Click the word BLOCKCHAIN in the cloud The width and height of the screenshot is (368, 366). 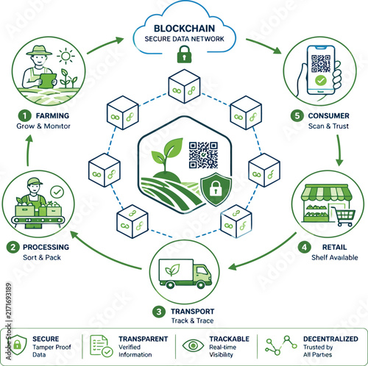click(x=184, y=29)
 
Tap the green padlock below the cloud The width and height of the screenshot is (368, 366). click(x=184, y=54)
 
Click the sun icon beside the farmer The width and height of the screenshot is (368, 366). click(x=66, y=56)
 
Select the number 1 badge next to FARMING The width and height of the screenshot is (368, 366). click(x=24, y=115)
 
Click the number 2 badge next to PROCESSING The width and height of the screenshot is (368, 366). click(x=13, y=247)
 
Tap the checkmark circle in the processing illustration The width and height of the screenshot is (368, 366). click(x=57, y=193)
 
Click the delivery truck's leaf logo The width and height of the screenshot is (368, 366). click(x=172, y=270)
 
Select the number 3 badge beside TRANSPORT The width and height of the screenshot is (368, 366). click(x=159, y=312)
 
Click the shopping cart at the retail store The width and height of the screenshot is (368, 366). click(x=343, y=217)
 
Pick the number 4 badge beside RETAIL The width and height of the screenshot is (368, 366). click(x=304, y=247)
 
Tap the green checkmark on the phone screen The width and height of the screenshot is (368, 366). click(x=321, y=80)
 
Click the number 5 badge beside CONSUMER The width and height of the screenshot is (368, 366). click(x=297, y=115)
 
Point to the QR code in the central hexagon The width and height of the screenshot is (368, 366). click(x=203, y=155)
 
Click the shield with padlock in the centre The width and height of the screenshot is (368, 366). click(x=216, y=189)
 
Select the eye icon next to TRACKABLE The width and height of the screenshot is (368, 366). click(x=193, y=345)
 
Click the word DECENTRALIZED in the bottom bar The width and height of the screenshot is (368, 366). click(x=330, y=339)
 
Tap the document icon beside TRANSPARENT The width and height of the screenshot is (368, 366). click(x=101, y=346)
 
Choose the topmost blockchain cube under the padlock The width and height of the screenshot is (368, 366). click(x=184, y=86)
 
